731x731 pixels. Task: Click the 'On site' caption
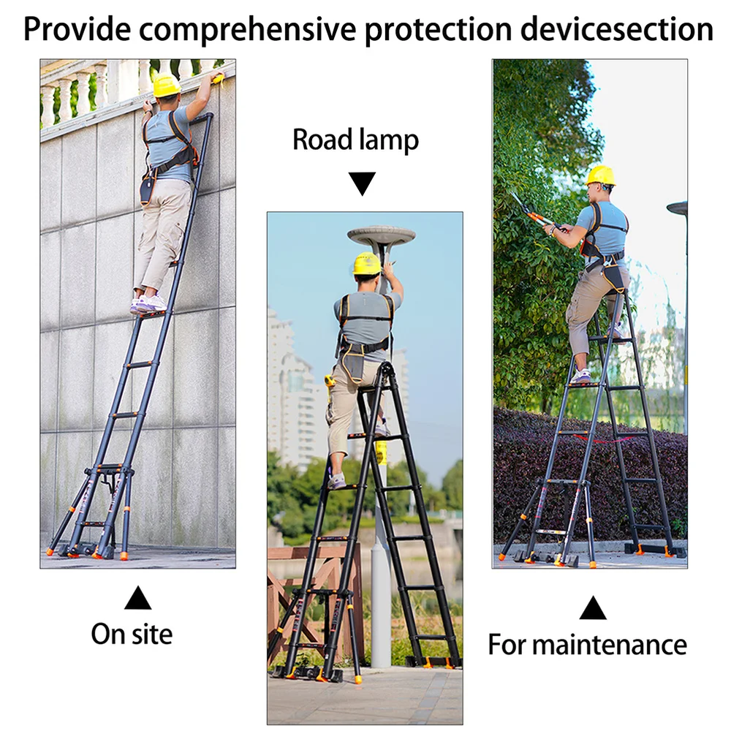[x=132, y=633]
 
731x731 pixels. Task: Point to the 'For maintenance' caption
[x=587, y=645]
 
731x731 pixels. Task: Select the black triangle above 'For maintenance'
[x=592, y=608]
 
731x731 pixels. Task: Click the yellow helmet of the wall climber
[x=166, y=86]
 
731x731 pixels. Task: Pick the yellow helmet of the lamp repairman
[x=366, y=264]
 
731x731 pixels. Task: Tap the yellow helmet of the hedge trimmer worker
[x=600, y=175]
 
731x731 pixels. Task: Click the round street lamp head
[x=381, y=235]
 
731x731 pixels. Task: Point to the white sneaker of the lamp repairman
[x=336, y=481]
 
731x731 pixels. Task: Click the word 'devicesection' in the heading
[x=614, y=29]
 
